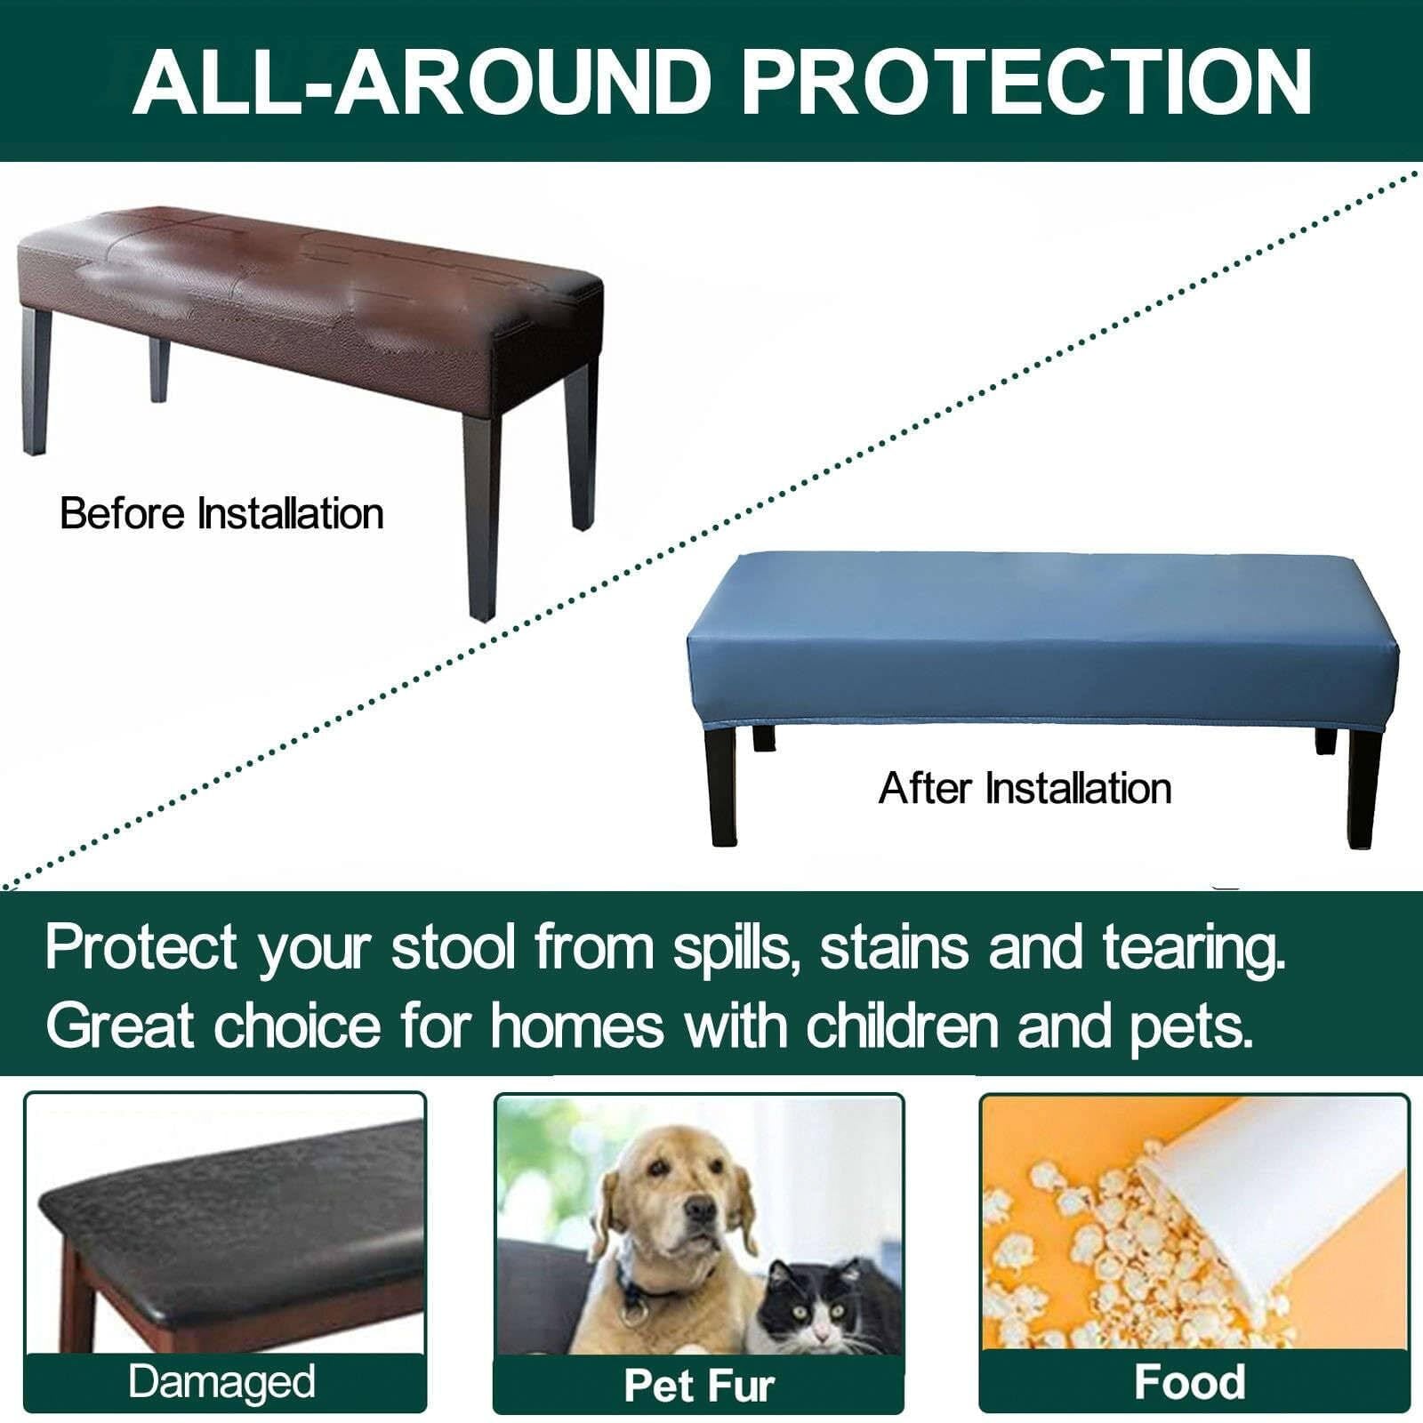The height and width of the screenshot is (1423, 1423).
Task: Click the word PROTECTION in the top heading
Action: [x=1027, y=81]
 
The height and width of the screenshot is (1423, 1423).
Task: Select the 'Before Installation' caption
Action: [x=221, y=514]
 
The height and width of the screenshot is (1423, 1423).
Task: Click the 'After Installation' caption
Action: [x=1025, y=789]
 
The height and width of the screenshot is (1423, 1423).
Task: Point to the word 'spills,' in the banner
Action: [x=731, y=949]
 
